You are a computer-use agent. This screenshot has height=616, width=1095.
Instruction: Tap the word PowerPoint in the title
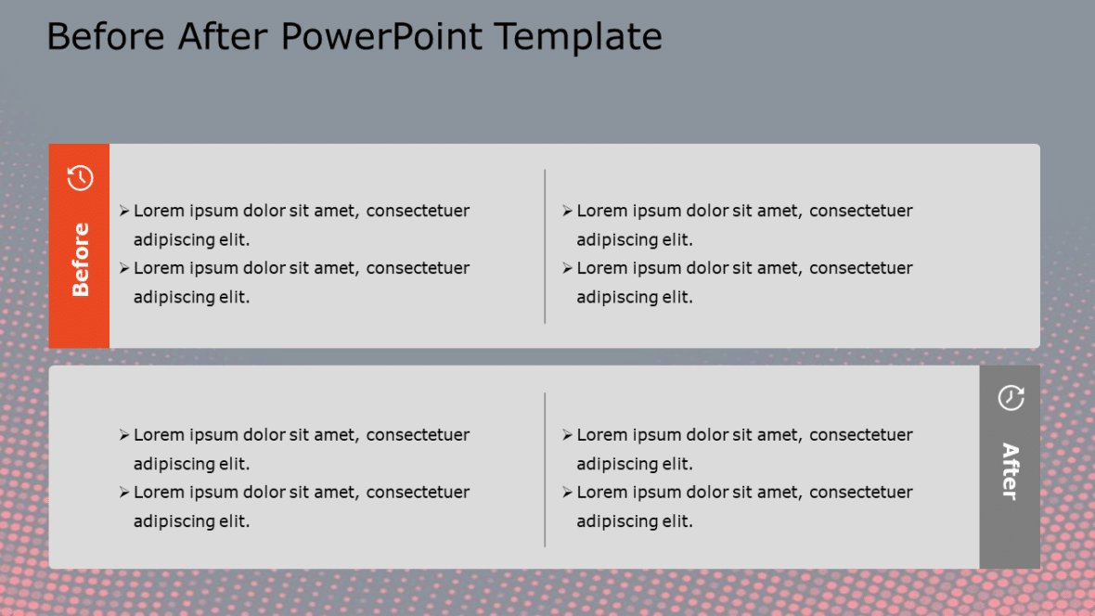point(381,37)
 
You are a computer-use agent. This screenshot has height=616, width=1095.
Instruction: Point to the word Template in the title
point(578,37)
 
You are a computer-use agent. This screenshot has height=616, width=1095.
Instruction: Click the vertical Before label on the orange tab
point(81,260)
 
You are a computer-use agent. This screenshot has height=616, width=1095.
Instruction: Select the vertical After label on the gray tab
point(1010,471)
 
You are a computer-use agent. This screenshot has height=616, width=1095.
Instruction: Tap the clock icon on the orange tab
point(81,177)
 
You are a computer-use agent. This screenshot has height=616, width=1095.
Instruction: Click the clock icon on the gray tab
point(1011,398)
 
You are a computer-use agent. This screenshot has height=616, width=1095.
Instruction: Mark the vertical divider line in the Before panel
point(545,246)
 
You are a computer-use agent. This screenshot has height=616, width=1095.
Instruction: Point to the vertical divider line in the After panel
point(545,469)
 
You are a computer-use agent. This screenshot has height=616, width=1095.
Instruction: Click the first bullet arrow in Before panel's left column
point(124,212)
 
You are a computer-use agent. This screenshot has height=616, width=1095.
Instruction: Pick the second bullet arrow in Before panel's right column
point(567,269)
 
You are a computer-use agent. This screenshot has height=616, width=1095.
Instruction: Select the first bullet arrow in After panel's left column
point(124,435)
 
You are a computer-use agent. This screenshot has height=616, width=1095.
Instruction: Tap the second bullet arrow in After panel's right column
point(567,493)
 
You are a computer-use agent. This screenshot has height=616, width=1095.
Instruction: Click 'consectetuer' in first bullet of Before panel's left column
point(418,212)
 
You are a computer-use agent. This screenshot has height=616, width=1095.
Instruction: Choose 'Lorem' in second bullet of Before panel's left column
point(160,268)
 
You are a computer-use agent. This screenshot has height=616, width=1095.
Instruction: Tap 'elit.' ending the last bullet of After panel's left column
point(234,521)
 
